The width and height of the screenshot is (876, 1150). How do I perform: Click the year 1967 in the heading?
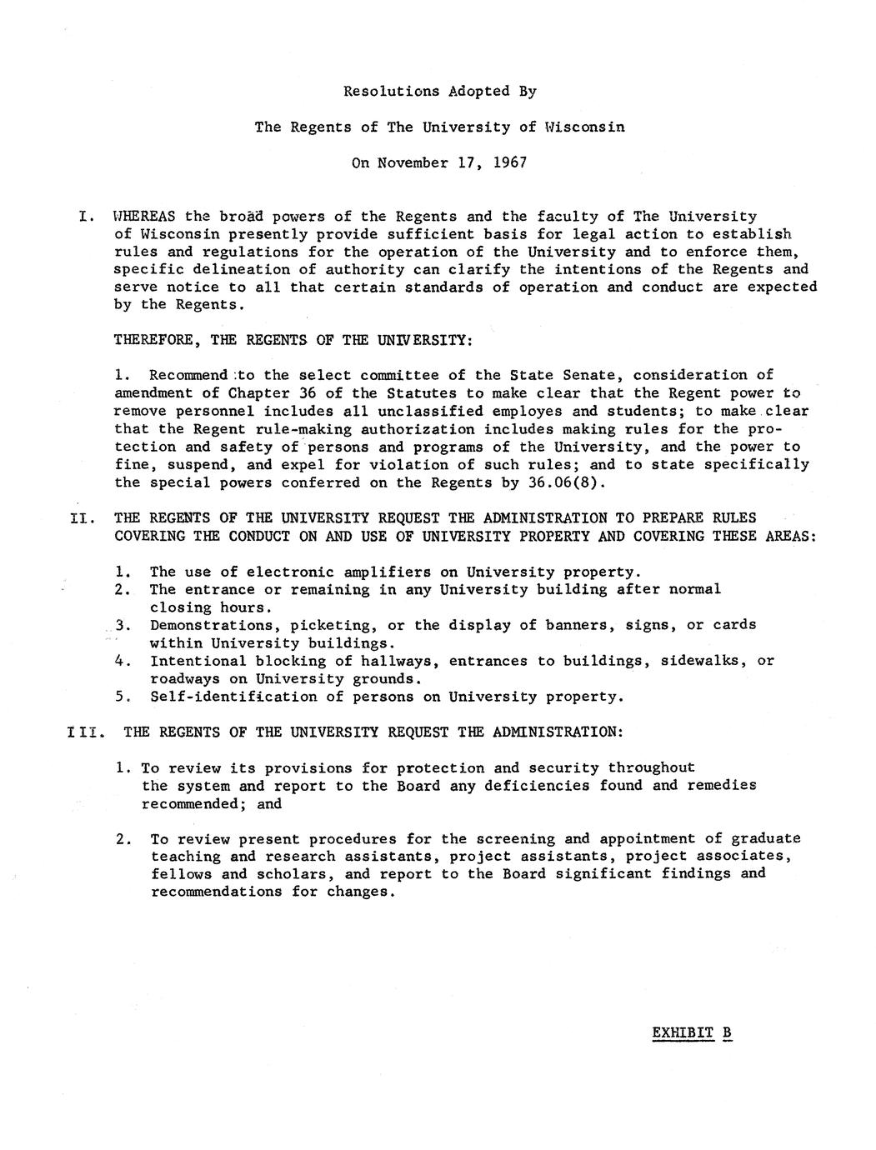tap(509, 162)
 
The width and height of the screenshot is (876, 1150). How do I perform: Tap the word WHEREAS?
tap(143, 217)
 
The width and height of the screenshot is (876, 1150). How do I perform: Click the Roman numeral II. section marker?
tap(82, 518)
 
